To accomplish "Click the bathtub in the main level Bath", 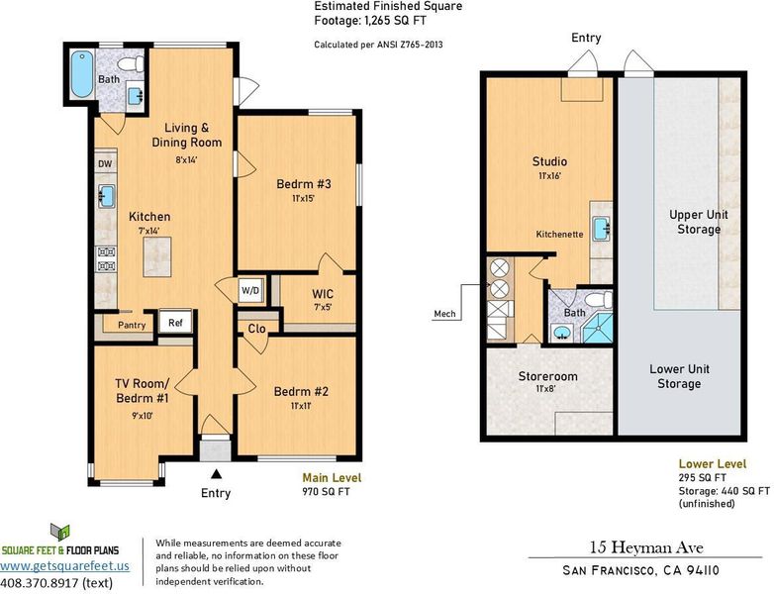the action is point(82,74).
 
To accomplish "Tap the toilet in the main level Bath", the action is point(132,64).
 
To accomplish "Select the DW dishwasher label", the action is point(105,164).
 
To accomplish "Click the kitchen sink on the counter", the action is point(106,196).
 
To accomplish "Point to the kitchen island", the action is point(157,256).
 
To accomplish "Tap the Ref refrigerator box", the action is point(175,323).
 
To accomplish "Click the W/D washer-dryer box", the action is point(250,290).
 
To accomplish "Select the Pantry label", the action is point(132,325).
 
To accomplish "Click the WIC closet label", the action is point(323,294).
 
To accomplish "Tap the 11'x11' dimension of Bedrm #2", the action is point(300,406).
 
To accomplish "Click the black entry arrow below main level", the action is point(216,474).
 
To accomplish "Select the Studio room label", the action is point(549,161).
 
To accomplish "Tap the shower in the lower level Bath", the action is point(598,328).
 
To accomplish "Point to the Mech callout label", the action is point(444,314).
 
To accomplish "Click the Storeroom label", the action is point(548,376).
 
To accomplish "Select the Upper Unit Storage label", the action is point(699,222).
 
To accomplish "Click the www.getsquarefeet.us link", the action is point(64,566).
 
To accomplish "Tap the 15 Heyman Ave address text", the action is point(646,547).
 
